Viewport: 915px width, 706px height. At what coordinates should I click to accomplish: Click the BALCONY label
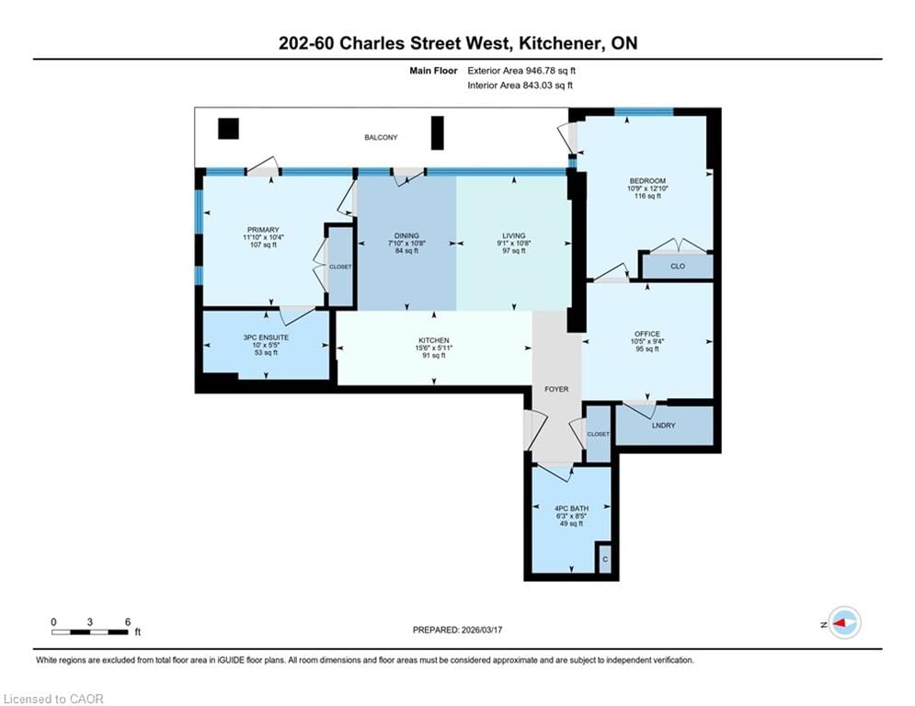381,138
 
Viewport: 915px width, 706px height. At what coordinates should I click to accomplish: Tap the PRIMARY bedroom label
262,230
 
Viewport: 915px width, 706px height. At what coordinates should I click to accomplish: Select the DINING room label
406,235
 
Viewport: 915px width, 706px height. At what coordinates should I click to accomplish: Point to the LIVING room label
513,235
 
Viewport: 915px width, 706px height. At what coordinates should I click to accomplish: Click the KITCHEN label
434,340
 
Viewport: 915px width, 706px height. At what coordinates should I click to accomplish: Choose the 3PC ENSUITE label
266,337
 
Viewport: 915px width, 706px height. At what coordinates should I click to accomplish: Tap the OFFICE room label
646,334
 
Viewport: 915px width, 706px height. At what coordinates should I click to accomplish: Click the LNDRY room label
664,426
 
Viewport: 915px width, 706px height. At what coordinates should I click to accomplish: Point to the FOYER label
556,389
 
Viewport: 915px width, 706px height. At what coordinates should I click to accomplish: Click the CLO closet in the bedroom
677,268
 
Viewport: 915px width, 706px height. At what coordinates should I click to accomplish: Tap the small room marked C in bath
604,559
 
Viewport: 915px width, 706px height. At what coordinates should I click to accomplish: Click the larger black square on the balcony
228,129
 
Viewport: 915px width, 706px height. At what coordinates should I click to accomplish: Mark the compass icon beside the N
843,622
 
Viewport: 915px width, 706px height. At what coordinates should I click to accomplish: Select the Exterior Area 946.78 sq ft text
521,70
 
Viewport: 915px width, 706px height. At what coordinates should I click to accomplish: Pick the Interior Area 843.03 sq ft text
521,85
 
